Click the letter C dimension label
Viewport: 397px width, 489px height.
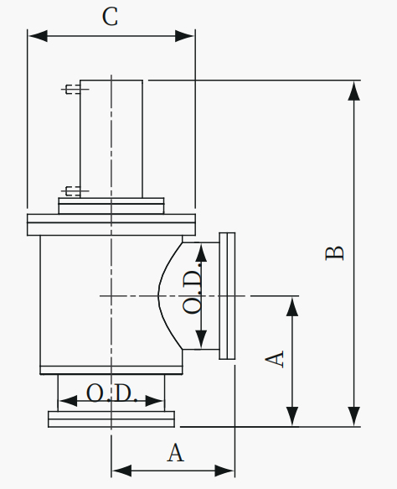coord(110,17)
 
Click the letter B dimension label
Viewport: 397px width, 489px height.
coord(335,253)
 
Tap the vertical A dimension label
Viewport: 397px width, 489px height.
coord(275,359)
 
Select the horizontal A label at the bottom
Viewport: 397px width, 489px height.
coord(176,452)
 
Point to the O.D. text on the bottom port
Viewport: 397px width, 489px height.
coord(111,393)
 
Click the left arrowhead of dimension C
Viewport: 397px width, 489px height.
coord(38,36)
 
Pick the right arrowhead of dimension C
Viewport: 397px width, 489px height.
coord(184,36)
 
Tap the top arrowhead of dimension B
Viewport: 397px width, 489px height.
coord(353,91)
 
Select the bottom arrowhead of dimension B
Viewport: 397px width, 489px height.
coord(353,416)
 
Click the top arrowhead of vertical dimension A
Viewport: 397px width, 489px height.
coord(292,307)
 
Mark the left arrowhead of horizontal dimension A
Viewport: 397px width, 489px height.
coord(121,470)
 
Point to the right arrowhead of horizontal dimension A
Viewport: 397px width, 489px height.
coord(224,470)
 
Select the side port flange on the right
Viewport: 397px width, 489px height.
coord(227,295)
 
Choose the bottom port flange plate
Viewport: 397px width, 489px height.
coord(111,419)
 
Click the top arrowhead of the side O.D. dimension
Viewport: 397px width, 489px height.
coord(202,252)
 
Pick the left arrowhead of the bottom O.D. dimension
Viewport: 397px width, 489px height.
coord(68,400)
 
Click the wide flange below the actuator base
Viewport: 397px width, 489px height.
coord(111,225)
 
